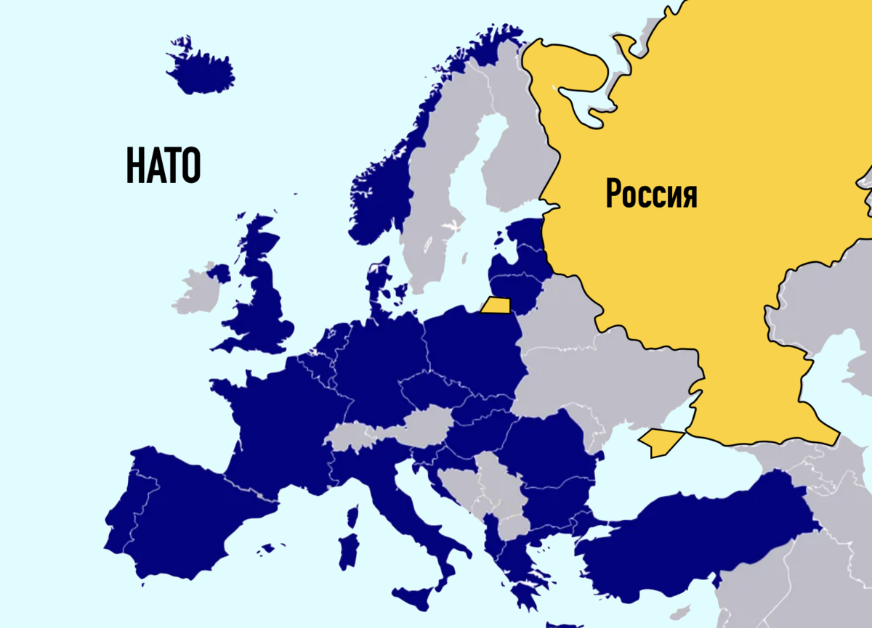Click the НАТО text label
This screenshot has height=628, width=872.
pos(163,165)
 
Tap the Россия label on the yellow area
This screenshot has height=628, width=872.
pos(651,194)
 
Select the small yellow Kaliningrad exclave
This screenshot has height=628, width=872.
pos(496,306)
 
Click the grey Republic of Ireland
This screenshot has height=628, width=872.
pos(196,290)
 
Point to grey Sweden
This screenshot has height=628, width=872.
pos(436,196)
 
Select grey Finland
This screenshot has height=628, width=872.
pos(512,145)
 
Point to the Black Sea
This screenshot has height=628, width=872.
pos(654,479)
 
